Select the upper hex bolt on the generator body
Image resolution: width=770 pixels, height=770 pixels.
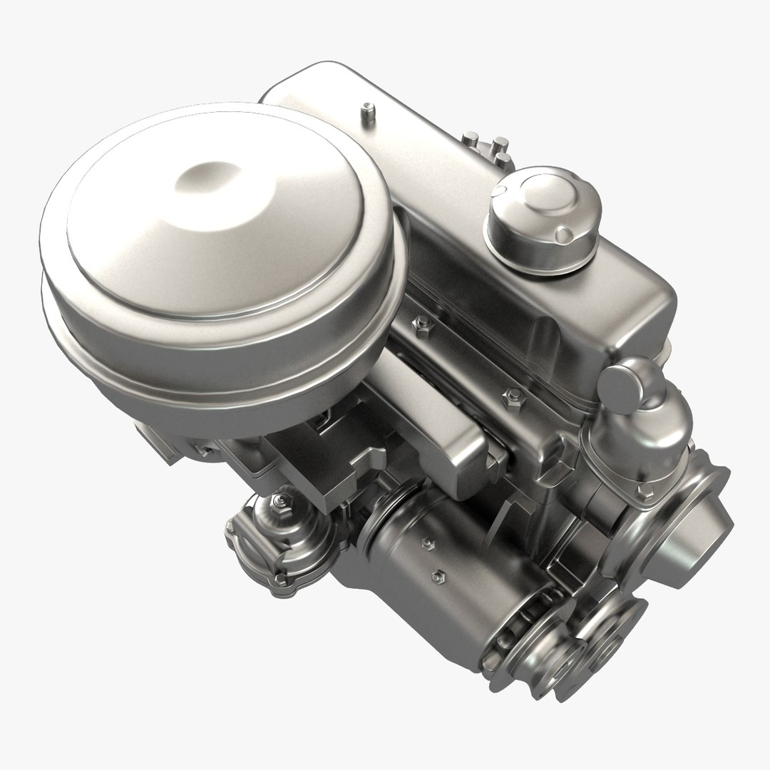pos(429,544)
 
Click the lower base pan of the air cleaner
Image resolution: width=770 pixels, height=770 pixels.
pos(214,356)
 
